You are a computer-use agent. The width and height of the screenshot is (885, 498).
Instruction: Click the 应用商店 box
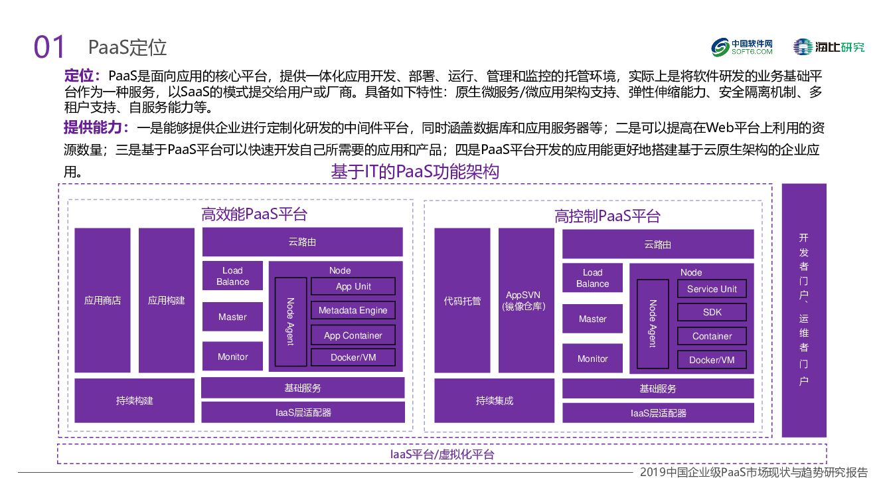102,300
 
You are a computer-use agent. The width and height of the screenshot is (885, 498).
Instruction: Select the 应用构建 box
166,300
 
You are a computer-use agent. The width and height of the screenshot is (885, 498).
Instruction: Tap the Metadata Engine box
353,310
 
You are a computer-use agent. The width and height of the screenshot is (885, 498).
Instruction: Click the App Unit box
353,286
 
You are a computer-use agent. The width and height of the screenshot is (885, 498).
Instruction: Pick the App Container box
353,335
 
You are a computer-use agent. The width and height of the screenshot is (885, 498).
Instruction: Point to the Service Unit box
712,289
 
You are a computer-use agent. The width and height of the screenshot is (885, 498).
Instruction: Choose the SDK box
712,312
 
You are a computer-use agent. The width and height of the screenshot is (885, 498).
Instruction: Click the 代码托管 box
462,300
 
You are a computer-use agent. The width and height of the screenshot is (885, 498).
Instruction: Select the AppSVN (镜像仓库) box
526,300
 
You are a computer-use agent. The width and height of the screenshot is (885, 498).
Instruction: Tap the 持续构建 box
135,400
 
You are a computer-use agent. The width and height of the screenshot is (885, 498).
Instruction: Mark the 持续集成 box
495,400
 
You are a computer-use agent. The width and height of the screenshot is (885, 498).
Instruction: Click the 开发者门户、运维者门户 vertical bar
803,310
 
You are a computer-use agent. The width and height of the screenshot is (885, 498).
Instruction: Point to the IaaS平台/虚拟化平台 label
442,454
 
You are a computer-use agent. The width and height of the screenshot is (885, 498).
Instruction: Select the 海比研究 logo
829,47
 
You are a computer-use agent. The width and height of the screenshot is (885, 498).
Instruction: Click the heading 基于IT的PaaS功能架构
415,172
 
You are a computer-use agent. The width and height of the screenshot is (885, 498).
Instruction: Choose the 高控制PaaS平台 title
607,216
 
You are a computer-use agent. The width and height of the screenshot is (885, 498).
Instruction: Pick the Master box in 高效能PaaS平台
232,317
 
